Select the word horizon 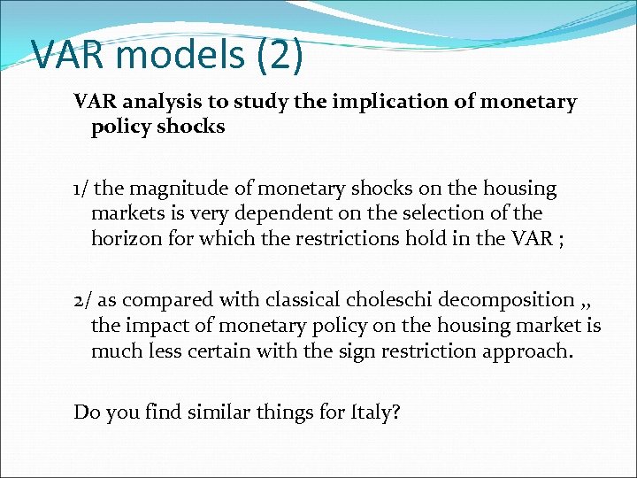[125, 239]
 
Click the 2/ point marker [81, 301]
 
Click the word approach [532, 351]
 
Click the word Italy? [376, 412]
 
